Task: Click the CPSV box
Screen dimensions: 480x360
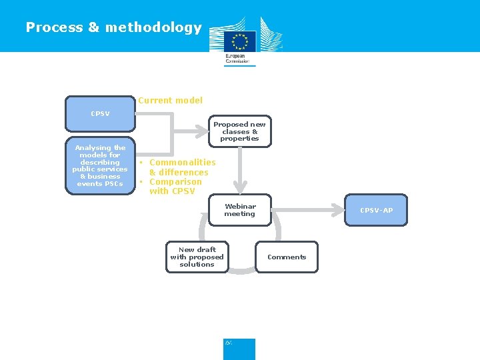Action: click(x=100, y=114)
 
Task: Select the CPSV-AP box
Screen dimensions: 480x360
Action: click(x=376, y=211)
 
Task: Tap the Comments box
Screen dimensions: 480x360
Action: click(x=287, y=257)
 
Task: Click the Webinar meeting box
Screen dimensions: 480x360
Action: click(x=239, y=211)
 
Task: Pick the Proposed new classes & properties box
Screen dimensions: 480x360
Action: click(x=239, y=131)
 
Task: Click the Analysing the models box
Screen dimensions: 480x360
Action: click(x=100, y=166)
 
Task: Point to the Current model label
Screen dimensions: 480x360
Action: click(x=170, y=101)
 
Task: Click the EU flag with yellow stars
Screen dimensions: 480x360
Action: click(x=239, y=41)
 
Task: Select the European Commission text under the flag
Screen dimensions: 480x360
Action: click(x=237, y=59)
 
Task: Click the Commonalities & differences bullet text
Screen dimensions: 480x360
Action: click(x=179, y=167)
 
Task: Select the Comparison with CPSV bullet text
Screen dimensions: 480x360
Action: click(x=173, y=187)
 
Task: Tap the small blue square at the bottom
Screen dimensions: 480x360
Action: click(x=239, y=349)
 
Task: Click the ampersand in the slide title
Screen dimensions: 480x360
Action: click(x=93, y=27)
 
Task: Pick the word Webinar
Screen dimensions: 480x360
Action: click(x=240, y=207)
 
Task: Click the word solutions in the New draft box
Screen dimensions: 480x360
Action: click(x=197, y=265)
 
